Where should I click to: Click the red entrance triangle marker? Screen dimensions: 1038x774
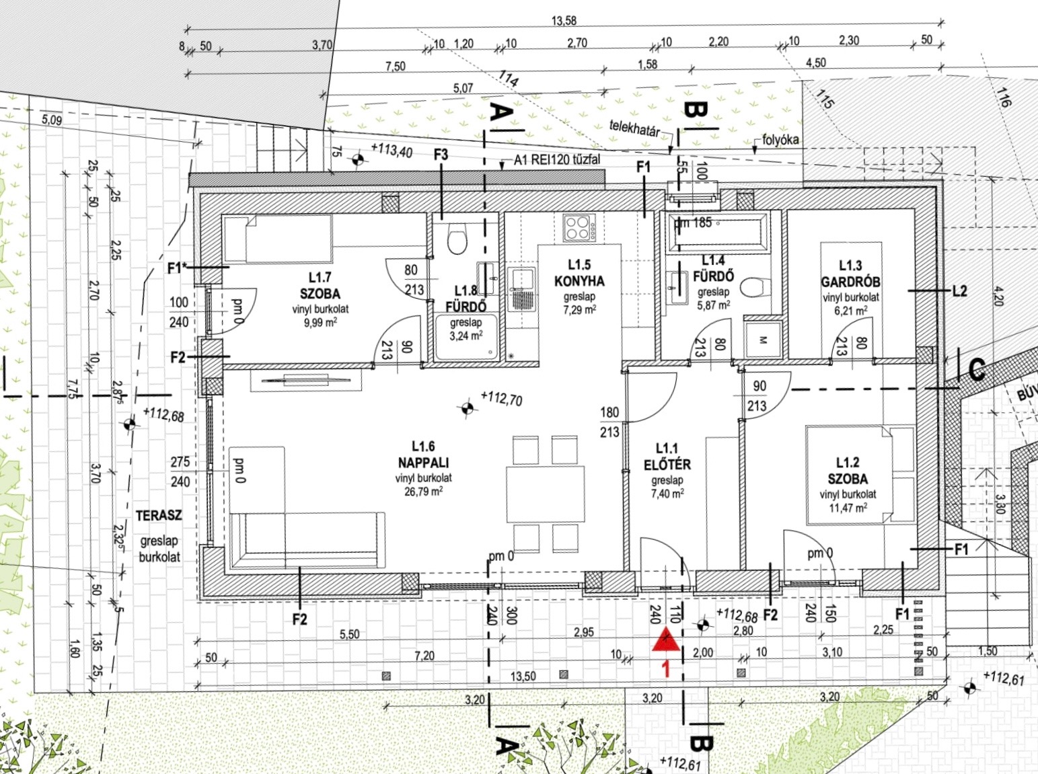[666, 640]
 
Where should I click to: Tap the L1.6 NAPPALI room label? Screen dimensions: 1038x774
[423, 454]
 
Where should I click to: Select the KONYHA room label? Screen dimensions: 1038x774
[579, 281]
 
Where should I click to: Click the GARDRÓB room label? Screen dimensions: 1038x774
[850, 282]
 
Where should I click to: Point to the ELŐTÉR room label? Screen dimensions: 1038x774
[667, 465]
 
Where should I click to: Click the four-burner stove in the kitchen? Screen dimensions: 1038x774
[579, 228]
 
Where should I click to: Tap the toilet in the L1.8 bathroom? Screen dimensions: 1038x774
[457, 239]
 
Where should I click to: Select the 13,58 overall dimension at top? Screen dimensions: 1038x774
[564, 21]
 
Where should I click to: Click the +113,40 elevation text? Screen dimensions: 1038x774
[392, 150]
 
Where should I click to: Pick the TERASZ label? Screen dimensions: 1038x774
[159, 516]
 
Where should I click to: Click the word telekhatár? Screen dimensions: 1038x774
[634, 128]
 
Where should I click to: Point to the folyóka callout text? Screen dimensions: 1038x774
[780, 140]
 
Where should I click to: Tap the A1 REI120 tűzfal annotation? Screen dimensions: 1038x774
[557, 160]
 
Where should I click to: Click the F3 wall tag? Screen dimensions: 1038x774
[441, 155]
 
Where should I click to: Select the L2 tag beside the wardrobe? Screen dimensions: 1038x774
[959, 291]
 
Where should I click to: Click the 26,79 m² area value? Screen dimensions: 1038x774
[423, 492]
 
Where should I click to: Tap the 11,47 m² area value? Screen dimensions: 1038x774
[848, 508]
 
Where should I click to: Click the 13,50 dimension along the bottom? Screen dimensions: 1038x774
[523, 676]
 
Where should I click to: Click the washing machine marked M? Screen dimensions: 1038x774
[762, 340]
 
